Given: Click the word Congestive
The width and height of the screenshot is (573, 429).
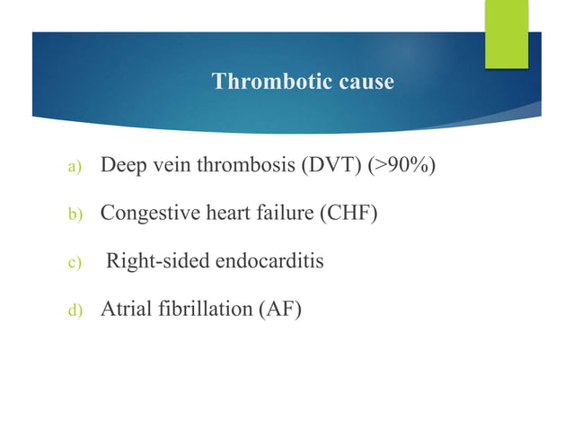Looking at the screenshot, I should click(x=143, y=214).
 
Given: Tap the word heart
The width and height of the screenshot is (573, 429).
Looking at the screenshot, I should click(x=213, y=214).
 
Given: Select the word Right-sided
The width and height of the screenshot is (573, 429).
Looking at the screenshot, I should click(x=156, y=262).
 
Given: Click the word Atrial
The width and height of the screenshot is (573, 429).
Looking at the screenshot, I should click(x=126, y=310).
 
